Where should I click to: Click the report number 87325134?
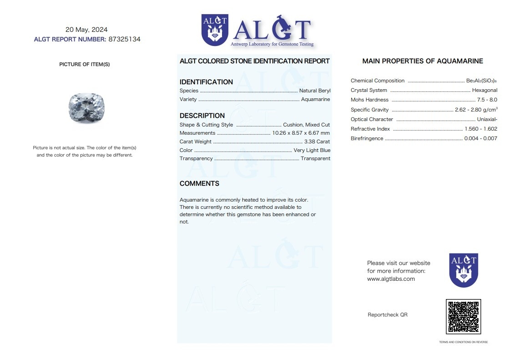(x=125, y=39)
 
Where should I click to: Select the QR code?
(x=463, y=316)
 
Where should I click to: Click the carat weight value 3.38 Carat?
(x=317, y=142)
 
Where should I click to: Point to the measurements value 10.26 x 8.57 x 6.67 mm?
(x=301, y=133)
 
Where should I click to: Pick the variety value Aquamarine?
(x=315, y=99)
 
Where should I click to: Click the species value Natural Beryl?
(x=315, y=91)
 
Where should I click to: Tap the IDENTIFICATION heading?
(x=206, y=82)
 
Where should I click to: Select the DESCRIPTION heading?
(x=202, y=116)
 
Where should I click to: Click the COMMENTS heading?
(x=199, y=183)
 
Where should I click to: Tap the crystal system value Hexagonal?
(x=484, y=90)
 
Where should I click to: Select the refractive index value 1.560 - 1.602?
(x=481, y=129)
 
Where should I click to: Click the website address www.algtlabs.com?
(x=391, y=279)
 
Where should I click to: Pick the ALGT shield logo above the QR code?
(x=464, y=270)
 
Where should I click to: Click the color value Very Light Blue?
(x=312, y=150)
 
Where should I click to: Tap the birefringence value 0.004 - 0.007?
(x=480, y=138)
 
